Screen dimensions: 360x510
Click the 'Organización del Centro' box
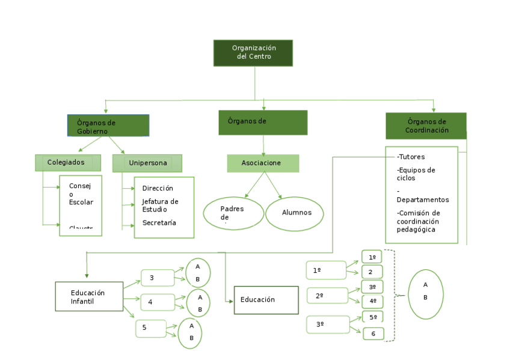(x=253, y=53)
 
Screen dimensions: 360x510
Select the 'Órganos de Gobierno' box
(x=108, y=126)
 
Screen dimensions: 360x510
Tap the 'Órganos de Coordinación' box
(x=426, y=126)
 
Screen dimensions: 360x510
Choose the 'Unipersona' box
(x=147, y=163)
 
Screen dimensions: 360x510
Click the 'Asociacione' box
(x=262, y=163)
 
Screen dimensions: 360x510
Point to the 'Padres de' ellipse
(x=233, y=213)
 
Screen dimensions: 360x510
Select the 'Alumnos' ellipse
(x=295, y=213)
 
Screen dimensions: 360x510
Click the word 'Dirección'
(x=158, y=188)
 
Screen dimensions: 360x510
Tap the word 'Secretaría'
(x=159, y=223)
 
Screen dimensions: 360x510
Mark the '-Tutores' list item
(x=411, y=157)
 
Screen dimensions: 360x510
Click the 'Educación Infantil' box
(x=89, y=296)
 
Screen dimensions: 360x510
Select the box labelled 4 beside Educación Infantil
(x=158, y=302)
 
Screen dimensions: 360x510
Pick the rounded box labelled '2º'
(x=327, y=296)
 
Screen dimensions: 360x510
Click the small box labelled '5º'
(x=373, y=317)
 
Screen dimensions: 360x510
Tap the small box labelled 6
(x=373, y=334)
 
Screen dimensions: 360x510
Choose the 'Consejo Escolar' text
(x=81, y=194)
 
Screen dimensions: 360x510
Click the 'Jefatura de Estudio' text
(x=160, y=206)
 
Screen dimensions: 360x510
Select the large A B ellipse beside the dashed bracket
(x=425, y=293)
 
